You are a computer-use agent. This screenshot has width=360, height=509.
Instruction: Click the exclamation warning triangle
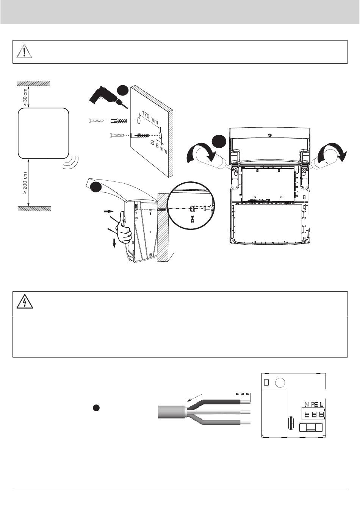coord(24,51)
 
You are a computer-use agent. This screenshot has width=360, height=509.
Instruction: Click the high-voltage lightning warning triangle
coord(24,303)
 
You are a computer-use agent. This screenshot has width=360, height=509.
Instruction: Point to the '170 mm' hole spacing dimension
coord(150,117)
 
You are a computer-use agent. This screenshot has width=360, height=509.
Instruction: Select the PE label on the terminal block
coord(314,404)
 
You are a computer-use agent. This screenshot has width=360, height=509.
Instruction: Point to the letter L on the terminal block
coord(322,404)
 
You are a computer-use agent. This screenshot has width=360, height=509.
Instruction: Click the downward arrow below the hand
coord(114,244)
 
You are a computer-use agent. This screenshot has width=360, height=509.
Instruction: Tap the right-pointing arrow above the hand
coord(108,211)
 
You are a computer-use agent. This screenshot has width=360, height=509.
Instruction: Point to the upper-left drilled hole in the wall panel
coord(139,121)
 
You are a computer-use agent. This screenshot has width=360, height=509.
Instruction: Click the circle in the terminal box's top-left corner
coord(280,382)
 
